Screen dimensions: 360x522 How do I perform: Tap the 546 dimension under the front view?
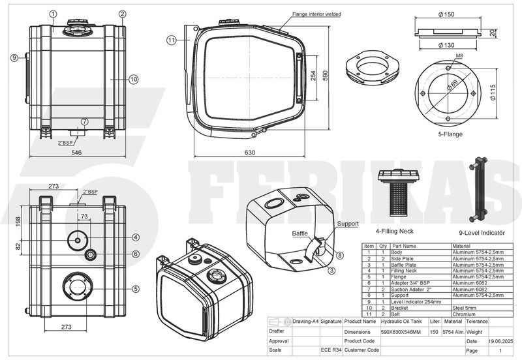[76, 154]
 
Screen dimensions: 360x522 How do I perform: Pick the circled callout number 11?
[170, 40]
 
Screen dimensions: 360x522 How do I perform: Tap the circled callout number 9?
[14, 58]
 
